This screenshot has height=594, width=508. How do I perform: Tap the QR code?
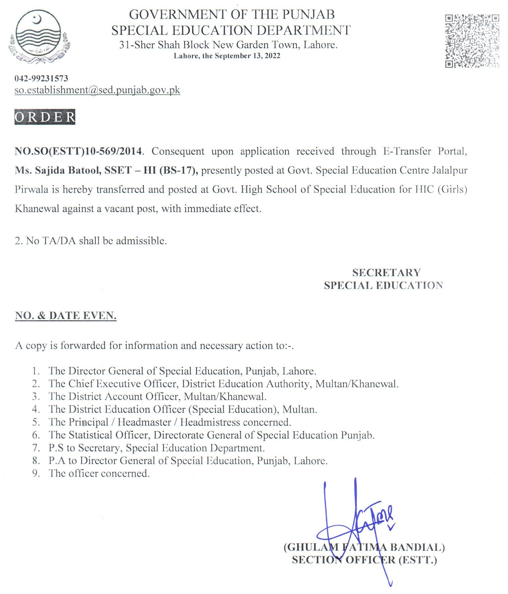[x=472, y=41]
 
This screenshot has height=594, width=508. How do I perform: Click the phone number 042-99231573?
[x=41, y=78]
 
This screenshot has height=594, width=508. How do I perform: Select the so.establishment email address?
[x=97, y=90]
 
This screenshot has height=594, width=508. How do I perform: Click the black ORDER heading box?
[x=45, y=117]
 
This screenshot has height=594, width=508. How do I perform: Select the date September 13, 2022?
[x=247, y=56]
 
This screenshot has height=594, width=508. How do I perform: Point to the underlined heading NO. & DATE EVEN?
[x=66, y=316]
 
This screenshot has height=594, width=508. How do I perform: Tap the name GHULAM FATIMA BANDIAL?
[x=364, y=547]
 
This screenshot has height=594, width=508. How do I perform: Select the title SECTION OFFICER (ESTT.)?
[x=364, y=560]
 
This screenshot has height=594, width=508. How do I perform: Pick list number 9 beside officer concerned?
[x=36, y=473]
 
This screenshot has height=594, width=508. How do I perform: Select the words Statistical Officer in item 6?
[x=108, y=435]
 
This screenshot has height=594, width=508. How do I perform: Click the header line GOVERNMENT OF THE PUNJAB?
[x=232, y=14]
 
